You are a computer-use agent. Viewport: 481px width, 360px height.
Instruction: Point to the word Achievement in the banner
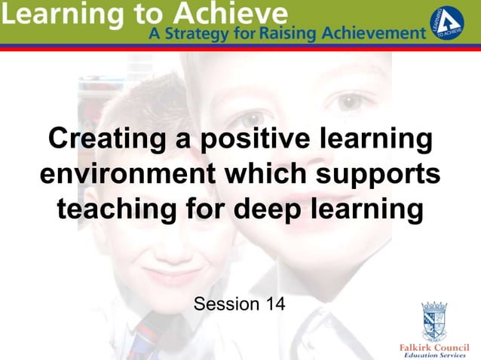point(375,33)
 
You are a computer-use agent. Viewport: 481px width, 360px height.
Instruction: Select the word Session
point(222,304)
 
